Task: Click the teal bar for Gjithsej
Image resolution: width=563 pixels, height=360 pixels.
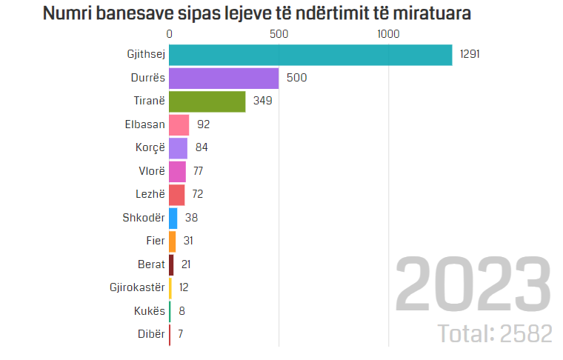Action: click(310, 56)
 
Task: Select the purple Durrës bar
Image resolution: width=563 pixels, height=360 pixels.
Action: click(224, 79)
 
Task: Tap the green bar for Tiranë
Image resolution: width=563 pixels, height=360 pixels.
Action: click(207, 101)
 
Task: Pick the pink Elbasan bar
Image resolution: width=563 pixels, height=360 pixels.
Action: click(179, 125)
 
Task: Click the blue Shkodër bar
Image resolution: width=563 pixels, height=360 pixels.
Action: click(173, 218)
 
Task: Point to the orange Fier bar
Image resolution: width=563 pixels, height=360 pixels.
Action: click(172, 241)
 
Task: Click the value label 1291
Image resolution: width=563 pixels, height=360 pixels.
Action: click(470, 56)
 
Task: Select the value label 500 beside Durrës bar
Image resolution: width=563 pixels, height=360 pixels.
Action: click(296, 79)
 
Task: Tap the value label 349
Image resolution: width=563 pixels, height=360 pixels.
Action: click(263, 101)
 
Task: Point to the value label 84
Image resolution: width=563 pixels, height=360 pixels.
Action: click(201, 148)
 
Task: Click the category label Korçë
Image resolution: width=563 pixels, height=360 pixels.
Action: click(149, 148)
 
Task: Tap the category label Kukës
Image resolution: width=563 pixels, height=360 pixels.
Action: click(149, 310)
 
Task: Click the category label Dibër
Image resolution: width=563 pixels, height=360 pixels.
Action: click(150, 333)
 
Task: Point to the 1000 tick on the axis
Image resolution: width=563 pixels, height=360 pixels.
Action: click(387, 34)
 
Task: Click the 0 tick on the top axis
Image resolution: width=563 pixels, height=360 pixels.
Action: click(170, 34)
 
